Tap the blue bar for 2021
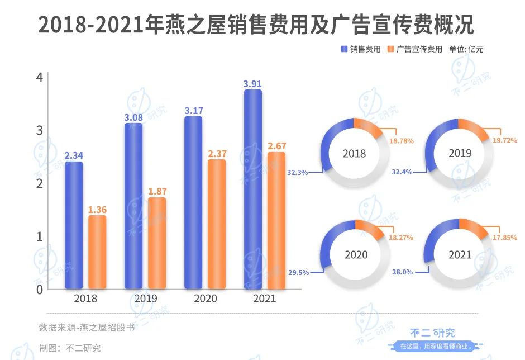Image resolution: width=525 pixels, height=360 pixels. [x=252, y=190]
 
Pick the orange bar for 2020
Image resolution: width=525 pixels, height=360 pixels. [x=217, y=224]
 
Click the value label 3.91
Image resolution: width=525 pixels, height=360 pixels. [x=252, y=84]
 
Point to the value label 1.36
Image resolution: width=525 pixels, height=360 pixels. [x=97, y=210]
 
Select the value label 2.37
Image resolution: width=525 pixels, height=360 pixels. [x=217, y=154]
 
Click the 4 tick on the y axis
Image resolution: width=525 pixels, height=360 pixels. [x=39, y=77]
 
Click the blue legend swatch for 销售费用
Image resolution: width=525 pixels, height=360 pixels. [x=344, y=49]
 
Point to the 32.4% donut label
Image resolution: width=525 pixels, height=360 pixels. [x=402, y=172]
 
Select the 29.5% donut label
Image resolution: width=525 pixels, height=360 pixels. [x=298, y=273]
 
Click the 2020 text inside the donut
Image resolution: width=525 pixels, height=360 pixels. [x=356, y=255]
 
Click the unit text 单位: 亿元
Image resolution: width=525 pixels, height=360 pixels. [x=466, y=49]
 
